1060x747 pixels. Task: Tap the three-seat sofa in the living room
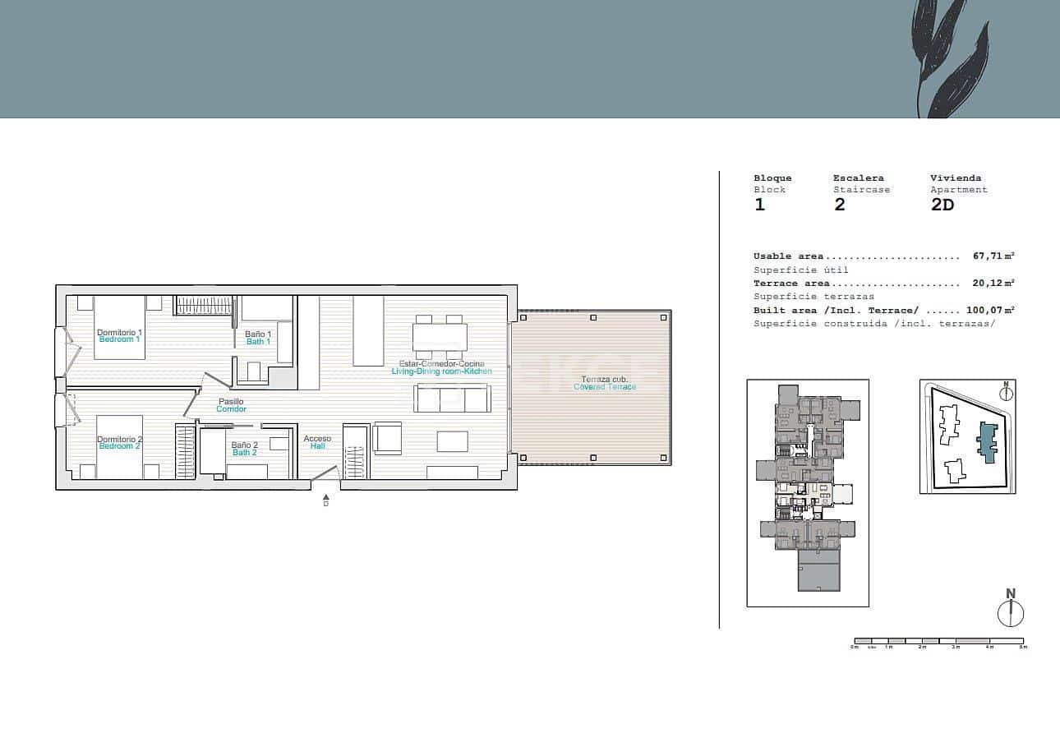pos(452,399)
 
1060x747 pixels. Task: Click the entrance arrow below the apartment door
pos(326,497)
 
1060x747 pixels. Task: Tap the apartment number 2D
pos(942,205)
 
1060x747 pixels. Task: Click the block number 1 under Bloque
pos(759,205)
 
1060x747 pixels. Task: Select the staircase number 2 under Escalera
pos(839,205)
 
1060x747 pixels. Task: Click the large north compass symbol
pos(1011,613)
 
